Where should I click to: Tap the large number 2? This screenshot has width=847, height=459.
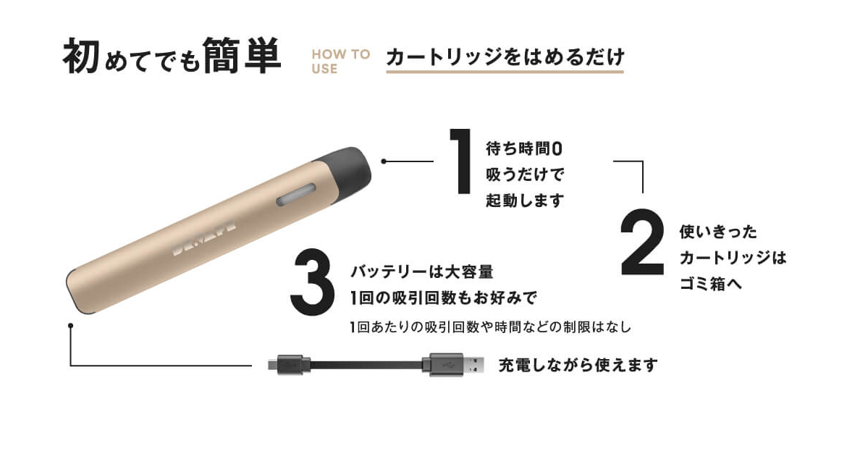click(x=642, y=243)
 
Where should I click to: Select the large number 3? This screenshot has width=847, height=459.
click(x=312, y=282)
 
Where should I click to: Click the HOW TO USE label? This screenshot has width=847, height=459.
click(x=340, y=61)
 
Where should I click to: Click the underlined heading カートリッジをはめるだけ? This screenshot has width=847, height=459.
click(x=505, y=56)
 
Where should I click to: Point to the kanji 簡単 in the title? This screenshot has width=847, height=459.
click(x=242, y=56)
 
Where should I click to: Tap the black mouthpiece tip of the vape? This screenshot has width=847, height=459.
click(x=346, y=169)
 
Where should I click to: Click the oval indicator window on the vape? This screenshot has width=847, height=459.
click(x=296, y=195)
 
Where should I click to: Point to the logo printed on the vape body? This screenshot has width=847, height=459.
click(x=204, y=237)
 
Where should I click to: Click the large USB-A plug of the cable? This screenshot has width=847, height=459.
click(x=453, y=365)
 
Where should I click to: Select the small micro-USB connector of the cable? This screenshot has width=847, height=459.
click(x=289, y=365)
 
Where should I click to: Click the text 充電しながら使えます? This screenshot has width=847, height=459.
click(x=578, y=365)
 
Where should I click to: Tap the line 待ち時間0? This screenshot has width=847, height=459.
click(x=524, y=148)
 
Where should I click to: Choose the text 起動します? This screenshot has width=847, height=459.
click(x=525, y=201)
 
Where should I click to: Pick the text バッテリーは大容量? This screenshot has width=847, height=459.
click(x=422, y=271)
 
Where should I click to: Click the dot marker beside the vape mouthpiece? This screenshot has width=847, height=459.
click(x=384, y=161)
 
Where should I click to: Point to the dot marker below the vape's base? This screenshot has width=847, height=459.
click(x=70, y=326)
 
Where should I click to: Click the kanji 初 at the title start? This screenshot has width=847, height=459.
click(x=81, y=56)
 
